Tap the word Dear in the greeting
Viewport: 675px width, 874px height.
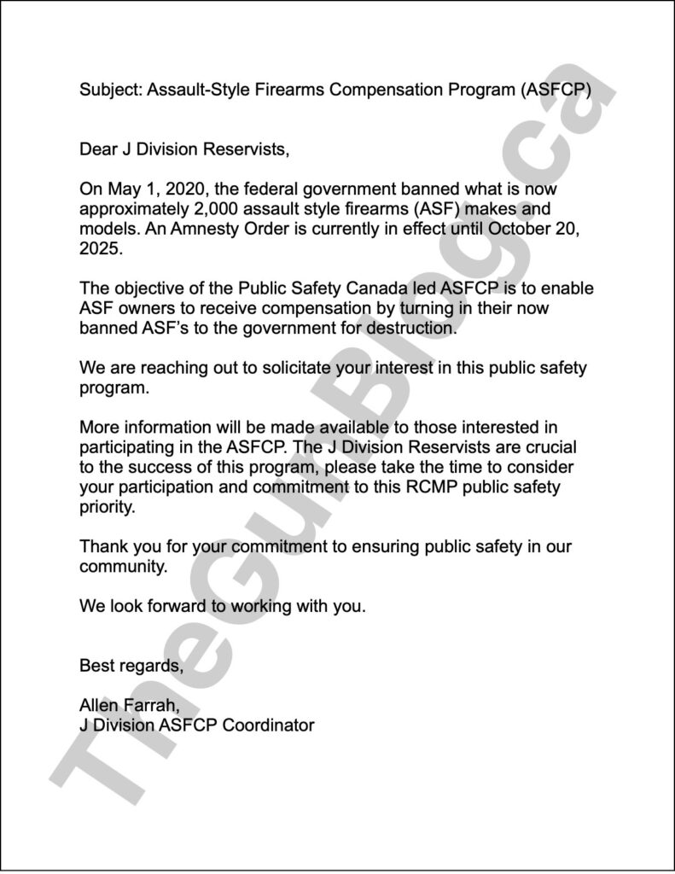(x=98, y=150)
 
